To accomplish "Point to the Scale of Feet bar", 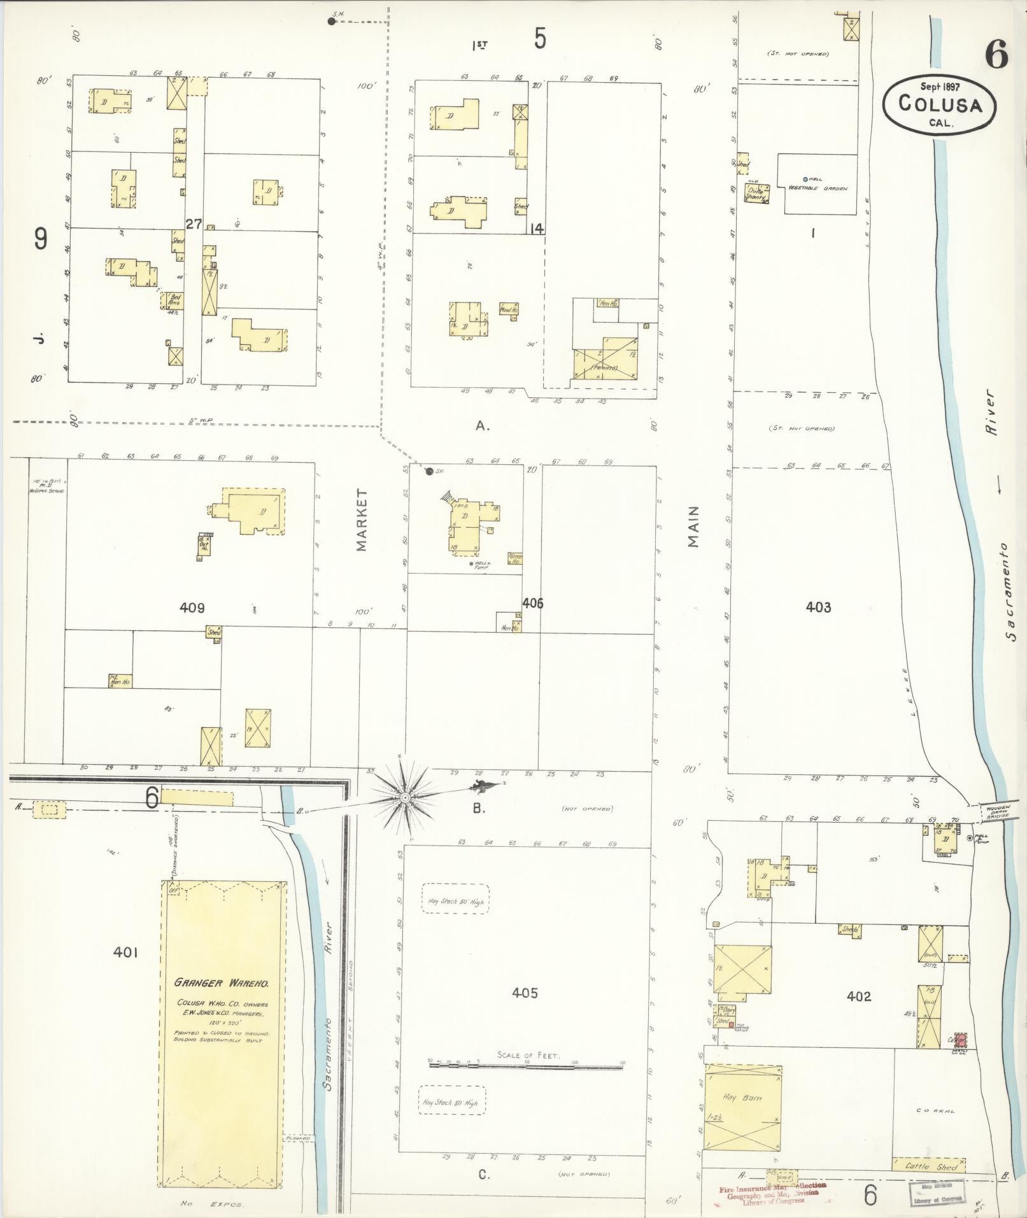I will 525,1064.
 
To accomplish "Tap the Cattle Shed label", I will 930,1167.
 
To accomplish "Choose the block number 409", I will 192,607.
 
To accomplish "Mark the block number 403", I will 818,607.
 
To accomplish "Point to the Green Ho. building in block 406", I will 515,558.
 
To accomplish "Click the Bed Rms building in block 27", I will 173,301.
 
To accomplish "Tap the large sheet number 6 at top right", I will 996,56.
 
